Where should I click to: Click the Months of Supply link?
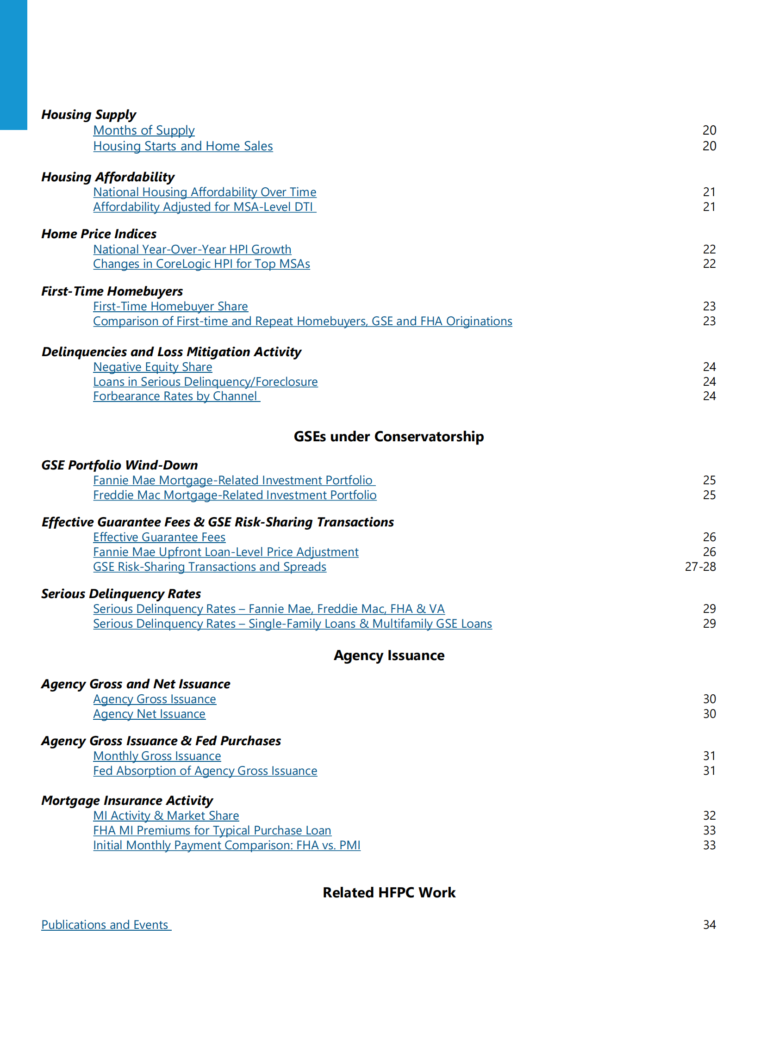click(x=143, y=130)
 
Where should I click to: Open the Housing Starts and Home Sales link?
click(x=183, y=147)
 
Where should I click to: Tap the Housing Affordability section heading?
click(x=107, y=177)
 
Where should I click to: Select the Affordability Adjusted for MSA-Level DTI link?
click(x=204, y=207)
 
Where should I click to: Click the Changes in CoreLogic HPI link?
click(x=201, y=264)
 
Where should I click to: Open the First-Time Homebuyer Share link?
click(x=170, y=306)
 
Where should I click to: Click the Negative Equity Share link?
click(x=153, y=367)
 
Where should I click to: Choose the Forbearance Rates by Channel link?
click(x=175, y=396)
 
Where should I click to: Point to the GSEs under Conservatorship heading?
click(x=388, y=437)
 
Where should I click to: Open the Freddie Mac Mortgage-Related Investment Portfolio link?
click(x=235, y=495)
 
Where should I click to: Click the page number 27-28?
click(x=700, y=567)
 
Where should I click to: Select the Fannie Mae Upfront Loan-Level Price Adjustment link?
click(x=225, y=552)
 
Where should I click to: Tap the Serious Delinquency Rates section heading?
click(x=121, y=594)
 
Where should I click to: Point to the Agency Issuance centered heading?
click(x=389, y=655)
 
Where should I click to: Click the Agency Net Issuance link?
click(x=150, y=714)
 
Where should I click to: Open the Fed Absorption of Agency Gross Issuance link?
click(x=205, y=771)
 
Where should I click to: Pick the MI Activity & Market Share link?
click(x=166, y=816)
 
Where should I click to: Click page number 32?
click(x=709, y=816)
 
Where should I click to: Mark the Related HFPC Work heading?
click(x=389, y=893)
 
